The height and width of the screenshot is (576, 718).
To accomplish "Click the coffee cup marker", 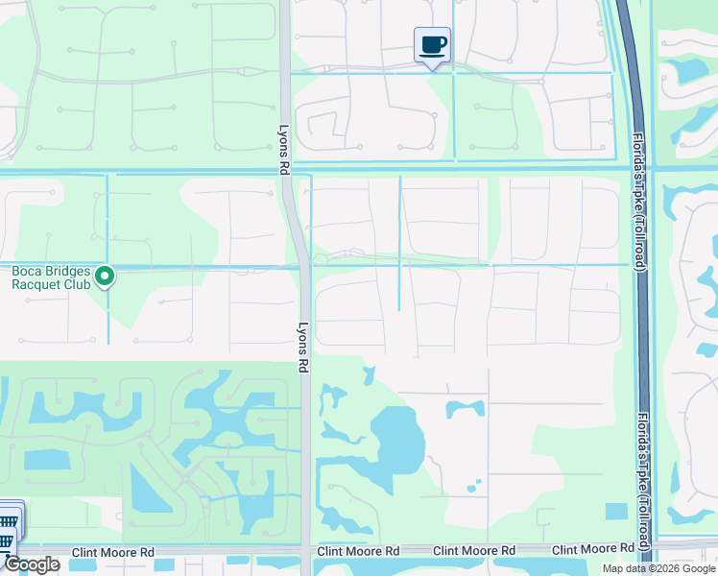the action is click(x=432, y=44).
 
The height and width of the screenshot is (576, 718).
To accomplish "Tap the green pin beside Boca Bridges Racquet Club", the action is click(x=107, y=277).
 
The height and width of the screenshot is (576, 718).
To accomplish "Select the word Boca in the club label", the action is click(x=27, y=271).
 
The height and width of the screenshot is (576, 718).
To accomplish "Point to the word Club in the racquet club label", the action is click(x=78, y=283).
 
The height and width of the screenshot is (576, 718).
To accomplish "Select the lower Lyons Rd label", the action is click(x=302, y=347).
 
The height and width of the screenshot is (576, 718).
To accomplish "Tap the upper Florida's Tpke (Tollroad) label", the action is click(x=638, y=203).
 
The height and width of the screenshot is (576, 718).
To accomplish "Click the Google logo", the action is click(x=32, y=564).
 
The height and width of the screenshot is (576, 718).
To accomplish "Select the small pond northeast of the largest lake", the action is click(x=465, y=409).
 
